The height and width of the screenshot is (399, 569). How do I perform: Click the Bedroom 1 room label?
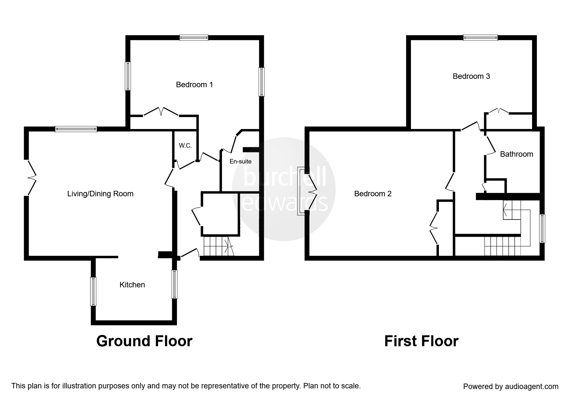194,85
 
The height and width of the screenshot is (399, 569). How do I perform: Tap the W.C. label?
185,146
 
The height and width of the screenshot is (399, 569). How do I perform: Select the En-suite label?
240,162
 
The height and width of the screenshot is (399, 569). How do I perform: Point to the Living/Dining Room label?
100,194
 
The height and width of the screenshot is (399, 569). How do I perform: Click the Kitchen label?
132,285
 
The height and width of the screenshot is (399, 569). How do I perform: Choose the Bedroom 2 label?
373,194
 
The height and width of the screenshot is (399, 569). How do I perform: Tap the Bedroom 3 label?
471,76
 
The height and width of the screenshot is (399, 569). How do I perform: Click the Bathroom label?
516,154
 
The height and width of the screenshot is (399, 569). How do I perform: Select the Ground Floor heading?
144,341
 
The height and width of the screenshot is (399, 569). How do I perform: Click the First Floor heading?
421,341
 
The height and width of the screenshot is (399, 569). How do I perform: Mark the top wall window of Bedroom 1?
194,38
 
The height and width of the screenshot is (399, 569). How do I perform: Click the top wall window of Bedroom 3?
480,38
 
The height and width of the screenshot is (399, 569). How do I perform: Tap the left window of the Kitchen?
93,292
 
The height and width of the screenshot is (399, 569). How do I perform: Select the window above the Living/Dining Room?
76,129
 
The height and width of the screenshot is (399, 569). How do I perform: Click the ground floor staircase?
217,246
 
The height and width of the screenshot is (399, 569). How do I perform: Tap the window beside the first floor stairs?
542,228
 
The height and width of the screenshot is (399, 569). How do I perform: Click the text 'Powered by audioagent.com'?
511,386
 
